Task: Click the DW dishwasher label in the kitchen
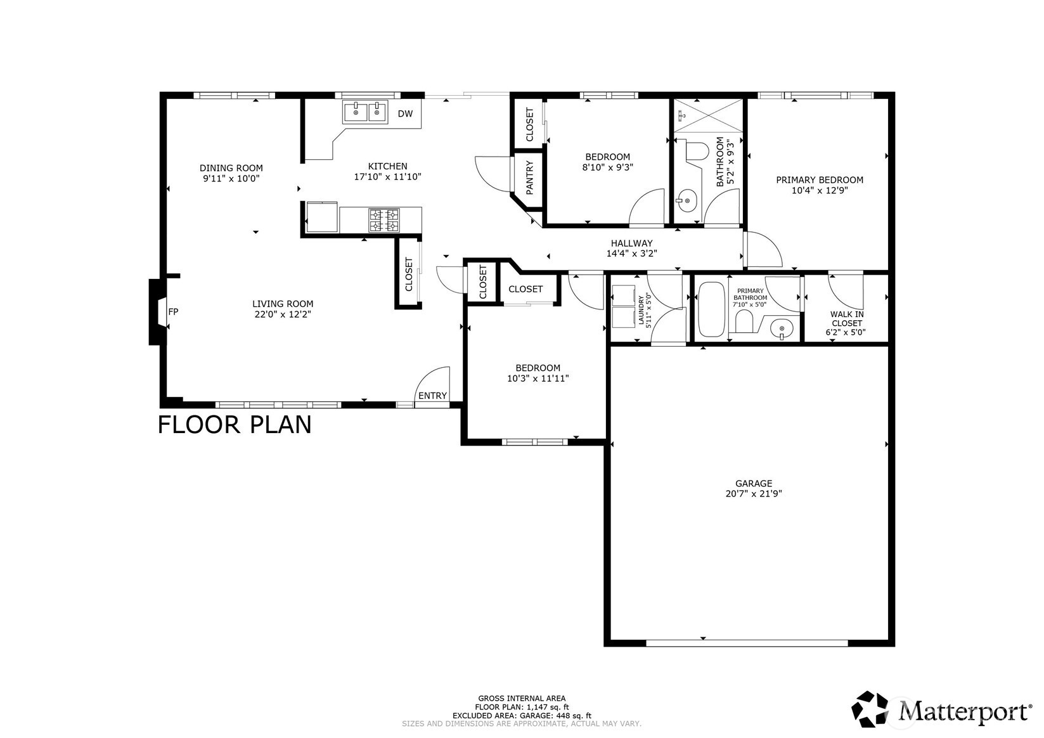[x=405, y=114]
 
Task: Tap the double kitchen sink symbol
[x=366, y=112]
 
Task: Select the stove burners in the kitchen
[x=384, y=220]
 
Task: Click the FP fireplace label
[x=173, y=311]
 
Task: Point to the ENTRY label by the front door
[x=432, y=396]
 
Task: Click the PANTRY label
[x=529, y=178]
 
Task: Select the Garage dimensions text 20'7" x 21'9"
[x=754, y=494]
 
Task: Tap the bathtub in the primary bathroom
[x=710, y=309]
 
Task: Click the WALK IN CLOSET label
[x=847, y=323]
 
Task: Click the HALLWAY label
[x=631, y=243]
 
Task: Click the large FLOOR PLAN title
[x=235, y=424]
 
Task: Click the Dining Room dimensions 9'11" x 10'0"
[x=231, y=179]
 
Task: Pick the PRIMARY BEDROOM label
[x=819, y=180]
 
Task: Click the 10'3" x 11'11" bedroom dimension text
[x=538, y=379]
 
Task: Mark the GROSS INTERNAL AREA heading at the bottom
[x=522, y=698]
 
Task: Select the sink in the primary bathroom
[x=781, y=328]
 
